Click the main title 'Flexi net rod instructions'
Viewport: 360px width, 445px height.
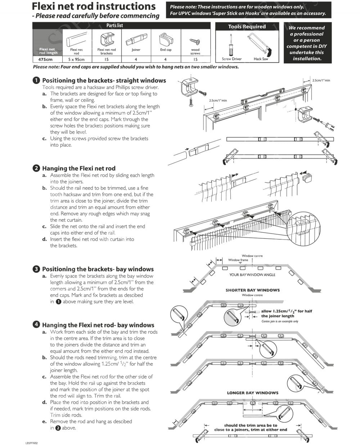tap(94, 6)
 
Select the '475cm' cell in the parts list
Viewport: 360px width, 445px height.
tap(45, 59)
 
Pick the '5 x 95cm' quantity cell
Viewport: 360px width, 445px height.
tap(76, 59)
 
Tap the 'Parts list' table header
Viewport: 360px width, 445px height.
tap(114, 25)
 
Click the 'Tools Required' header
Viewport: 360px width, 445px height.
tap(247, 27)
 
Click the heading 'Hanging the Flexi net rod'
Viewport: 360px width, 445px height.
tap(79, 168)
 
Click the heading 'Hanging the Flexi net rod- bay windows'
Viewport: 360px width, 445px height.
tap(98, 325)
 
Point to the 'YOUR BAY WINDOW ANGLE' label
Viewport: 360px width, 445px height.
tap(252, 275)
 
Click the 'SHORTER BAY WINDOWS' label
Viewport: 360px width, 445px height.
tap(252, 290)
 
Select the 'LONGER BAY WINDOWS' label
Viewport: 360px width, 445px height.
tap(252, 393)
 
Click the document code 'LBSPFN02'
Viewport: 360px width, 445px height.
tap(31, 443)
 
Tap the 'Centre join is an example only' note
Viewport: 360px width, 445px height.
tap(280, 321)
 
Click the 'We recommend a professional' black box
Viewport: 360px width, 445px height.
tap(306, 43)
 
